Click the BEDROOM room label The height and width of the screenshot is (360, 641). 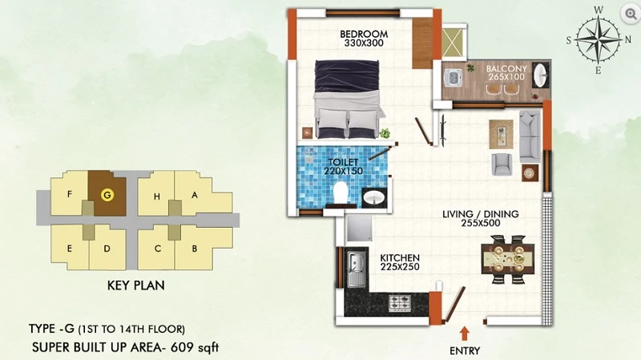click(364, 34)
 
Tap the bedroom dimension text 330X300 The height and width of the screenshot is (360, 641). click(364, 43)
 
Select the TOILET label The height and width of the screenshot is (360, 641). click(344, 163)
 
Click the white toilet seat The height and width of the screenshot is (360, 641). click(341, 192)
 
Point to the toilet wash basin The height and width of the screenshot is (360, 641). click(374, 197)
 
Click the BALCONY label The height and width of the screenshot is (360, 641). click(506, 69)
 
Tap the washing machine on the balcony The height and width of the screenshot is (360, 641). click(453, 78)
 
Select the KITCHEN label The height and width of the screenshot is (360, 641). click(400, 258)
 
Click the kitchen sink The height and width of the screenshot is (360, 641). click(357, 269)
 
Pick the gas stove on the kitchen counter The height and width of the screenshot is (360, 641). click(399, 304)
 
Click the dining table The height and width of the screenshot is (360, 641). click(508, 259)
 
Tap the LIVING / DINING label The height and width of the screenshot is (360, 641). click(480, 214)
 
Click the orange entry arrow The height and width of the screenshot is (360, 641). click(464, 334)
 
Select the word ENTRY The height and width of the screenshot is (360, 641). click(465, 351)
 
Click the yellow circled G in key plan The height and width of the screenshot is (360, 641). click(107, 195)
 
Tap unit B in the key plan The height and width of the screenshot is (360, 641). click(195, 249)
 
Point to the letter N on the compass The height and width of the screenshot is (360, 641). click(628, 39)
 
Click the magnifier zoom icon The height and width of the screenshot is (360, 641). click(631, 14)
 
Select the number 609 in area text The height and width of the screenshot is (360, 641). click(182, 347)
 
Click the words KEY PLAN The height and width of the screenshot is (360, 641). click(135, 285)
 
